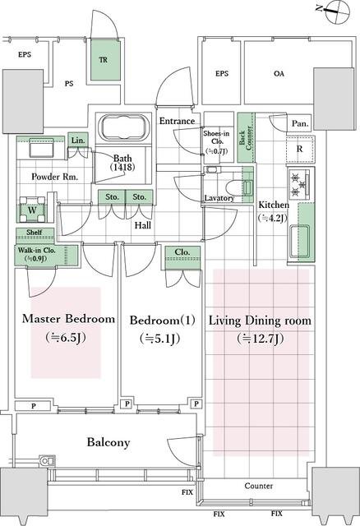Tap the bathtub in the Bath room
tap(123, 128)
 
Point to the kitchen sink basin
tap(299, 242)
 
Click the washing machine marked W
tap(32, 210)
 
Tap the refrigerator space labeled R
tap(300, 149)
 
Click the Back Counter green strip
tap(246, 138)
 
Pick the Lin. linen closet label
tap(78, 141)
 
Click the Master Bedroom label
tap(68, 319)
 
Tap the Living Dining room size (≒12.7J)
tap(261, 339)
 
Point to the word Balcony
tap(108, 442)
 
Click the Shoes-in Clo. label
tap(216, 137)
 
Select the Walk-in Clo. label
tap(36, 250)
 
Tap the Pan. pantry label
tap(300, 123)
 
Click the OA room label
tap(279, 73)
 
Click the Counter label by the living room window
tap(258, 486)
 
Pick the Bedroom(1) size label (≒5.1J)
tap(160, 339)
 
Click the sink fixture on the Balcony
tap(48, 461)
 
